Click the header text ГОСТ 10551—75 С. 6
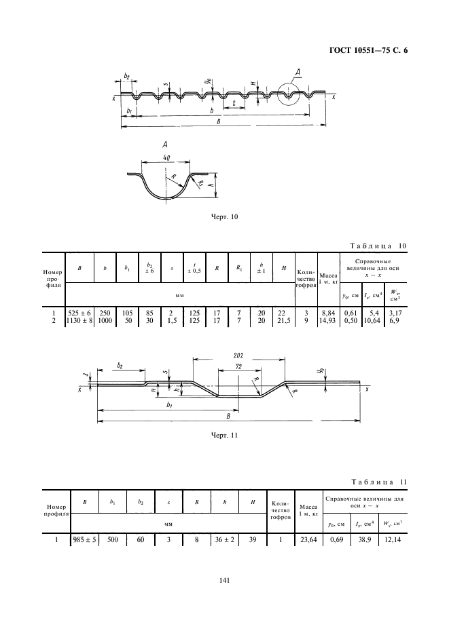click(x=368, y=51)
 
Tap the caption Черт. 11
click(x=224, y=436)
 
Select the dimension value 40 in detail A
click(x=166, y=158)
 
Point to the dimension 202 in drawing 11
click(x=238, y=355)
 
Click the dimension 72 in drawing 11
click(x=238, y=366)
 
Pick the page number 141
click(x=224, y=580)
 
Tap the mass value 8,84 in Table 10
click(x=328, y=313)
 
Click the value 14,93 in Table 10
click(x=327, y=321)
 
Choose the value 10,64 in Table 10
click(x=372, y=321)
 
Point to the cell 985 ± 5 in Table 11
click(x=85, y=539)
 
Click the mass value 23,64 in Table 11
click(x=308, y=539)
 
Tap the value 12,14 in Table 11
click(x=392, y=539)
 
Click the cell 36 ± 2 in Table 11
click(x=224, y=539)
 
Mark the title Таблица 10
click(x=378, y=246)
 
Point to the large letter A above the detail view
click(x=165, y=145)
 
